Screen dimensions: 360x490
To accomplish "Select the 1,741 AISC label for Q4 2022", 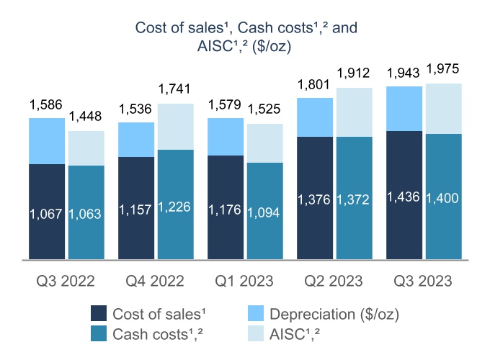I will [175, 91].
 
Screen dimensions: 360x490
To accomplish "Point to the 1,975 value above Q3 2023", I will [444, 70].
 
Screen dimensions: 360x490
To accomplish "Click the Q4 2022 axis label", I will [156, 279].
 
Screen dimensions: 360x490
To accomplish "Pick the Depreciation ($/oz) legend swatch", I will [254, 313].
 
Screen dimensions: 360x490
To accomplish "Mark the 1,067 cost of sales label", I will [47, 214].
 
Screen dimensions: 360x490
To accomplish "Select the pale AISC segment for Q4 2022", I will [175, 127].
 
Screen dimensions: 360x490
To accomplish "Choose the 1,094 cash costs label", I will [264, 214].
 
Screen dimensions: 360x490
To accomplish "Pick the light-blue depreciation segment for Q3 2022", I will [48, 141].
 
